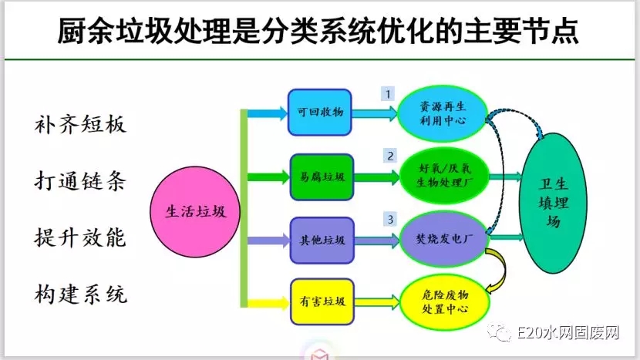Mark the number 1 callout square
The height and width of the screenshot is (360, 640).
(389, 93)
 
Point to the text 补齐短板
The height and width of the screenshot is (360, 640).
(80, 123)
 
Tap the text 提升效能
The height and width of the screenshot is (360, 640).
(80, 236)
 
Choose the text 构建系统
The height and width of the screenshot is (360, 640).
(80, 293)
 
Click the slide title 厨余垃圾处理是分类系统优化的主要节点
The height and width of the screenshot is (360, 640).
(319, 32)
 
